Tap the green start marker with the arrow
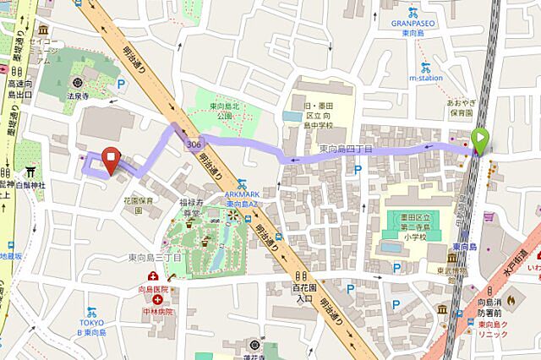481,141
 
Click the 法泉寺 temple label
79,97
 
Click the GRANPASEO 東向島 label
413,25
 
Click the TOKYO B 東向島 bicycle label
93,305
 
